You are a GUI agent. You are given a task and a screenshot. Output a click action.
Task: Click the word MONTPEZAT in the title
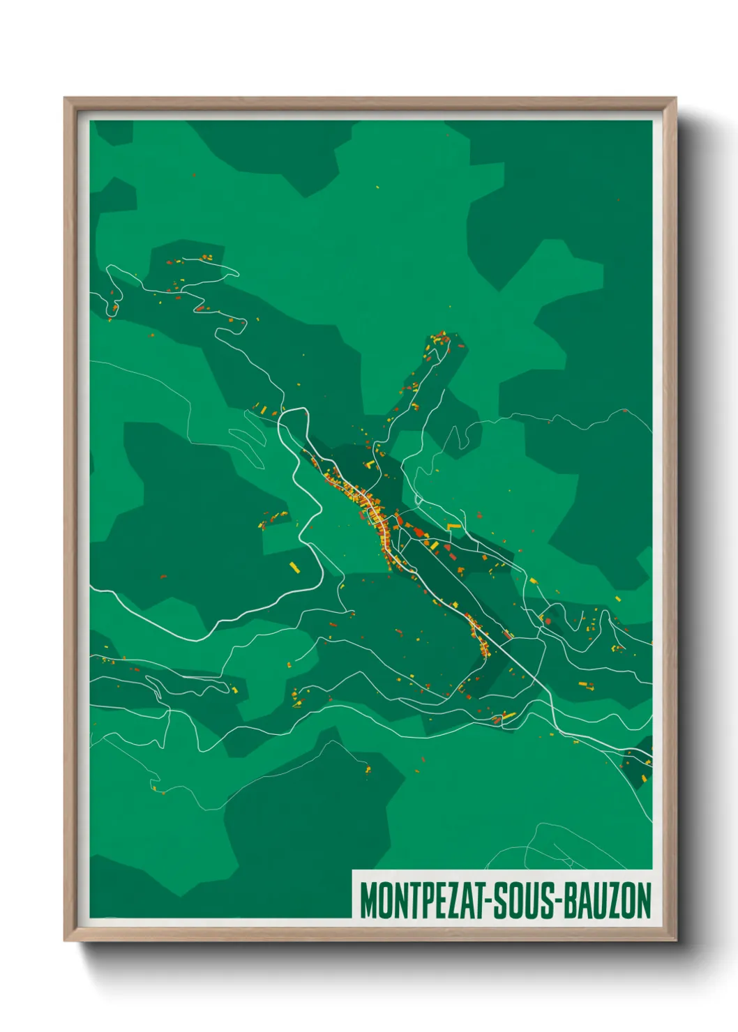tap(425, 900)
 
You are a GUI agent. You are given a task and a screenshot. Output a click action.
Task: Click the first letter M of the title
tap(367, 900)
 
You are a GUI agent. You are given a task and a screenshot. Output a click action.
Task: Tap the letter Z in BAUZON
tap(613, 900)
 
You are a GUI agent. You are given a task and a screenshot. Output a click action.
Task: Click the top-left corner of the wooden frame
tap(66, 99)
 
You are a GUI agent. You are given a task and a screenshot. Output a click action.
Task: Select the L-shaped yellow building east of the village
tap(453, 526)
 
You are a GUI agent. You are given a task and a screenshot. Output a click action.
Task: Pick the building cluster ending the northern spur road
tap(439, 341)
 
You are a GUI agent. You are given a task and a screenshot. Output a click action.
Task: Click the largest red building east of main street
tap(419, 532)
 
